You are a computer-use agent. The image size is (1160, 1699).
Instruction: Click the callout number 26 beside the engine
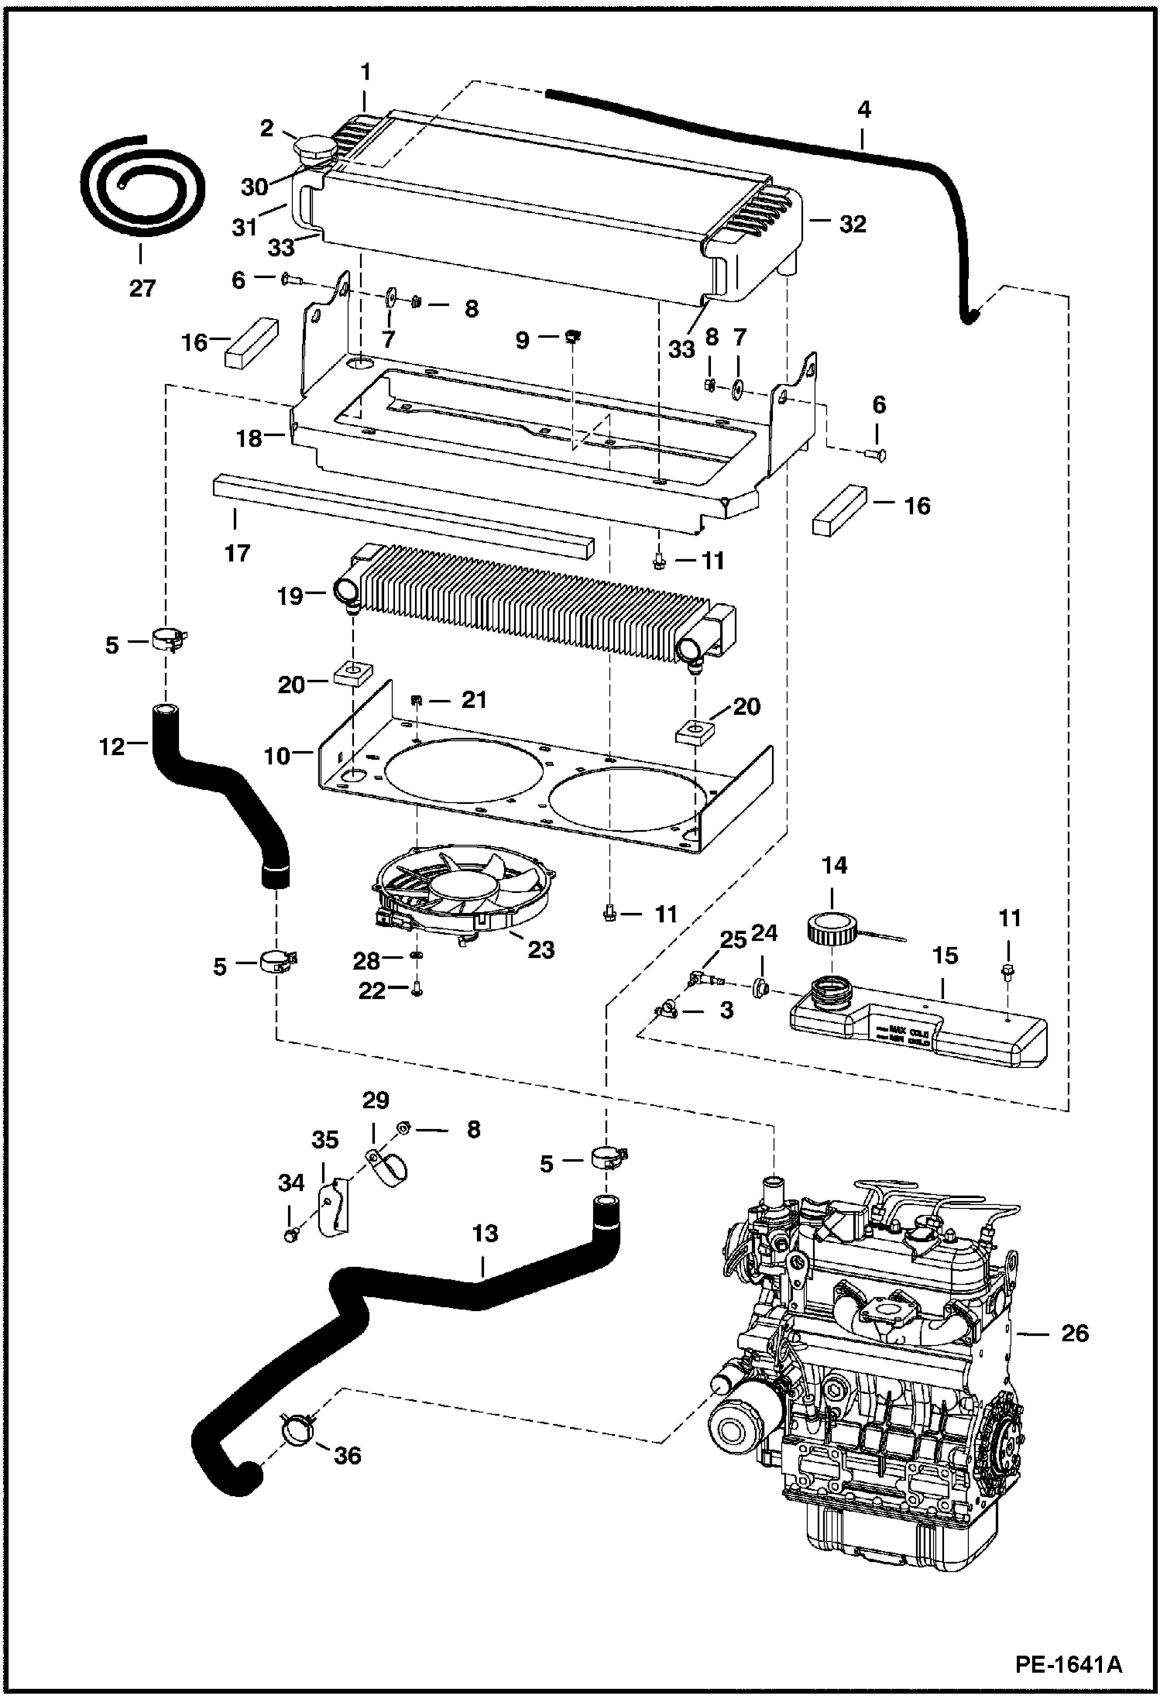[x=1074, y=1333]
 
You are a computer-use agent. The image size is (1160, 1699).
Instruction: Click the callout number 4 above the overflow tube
[x=863, y=111]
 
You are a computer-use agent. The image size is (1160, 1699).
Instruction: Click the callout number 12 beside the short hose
[x=112, y=747]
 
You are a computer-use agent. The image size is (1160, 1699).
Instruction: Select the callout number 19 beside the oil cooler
[x=290, y=596]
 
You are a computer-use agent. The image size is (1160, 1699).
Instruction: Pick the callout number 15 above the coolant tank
[x=946, y=956]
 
